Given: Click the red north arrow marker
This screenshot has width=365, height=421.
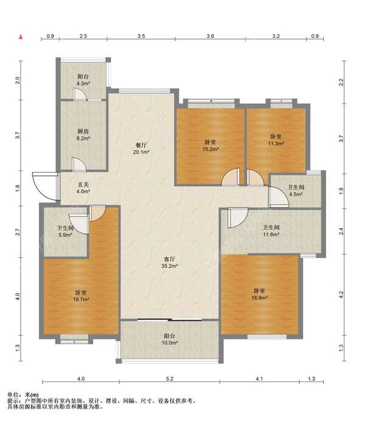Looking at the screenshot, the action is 21,37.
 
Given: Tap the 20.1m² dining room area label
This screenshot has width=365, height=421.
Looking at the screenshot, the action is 141,152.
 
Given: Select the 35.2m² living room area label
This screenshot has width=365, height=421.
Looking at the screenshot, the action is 170,266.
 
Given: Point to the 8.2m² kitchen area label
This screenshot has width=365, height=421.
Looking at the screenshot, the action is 83,139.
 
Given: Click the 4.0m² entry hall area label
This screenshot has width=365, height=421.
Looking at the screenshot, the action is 83,192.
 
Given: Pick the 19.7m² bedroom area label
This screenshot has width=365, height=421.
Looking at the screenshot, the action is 81,299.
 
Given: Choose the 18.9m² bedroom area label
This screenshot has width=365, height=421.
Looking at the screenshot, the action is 260,297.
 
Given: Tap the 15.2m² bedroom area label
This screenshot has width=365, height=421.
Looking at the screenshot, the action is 210,148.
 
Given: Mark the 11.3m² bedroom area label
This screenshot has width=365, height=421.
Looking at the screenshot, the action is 276,144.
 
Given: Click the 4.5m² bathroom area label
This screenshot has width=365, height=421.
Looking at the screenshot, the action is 296,194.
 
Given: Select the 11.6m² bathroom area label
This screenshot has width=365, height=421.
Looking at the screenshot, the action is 271,234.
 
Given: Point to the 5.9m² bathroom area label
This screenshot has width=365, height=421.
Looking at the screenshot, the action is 65,235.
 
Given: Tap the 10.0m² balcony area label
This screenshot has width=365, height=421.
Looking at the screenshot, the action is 170,343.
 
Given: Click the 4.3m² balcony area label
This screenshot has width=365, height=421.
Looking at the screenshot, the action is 83,83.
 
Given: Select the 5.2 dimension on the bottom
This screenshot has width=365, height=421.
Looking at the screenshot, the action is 170,379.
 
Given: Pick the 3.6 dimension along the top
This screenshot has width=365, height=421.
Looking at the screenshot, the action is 210,36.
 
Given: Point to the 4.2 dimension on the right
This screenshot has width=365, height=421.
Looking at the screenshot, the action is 341,294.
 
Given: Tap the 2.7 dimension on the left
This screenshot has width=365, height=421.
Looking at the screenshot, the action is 18,232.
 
